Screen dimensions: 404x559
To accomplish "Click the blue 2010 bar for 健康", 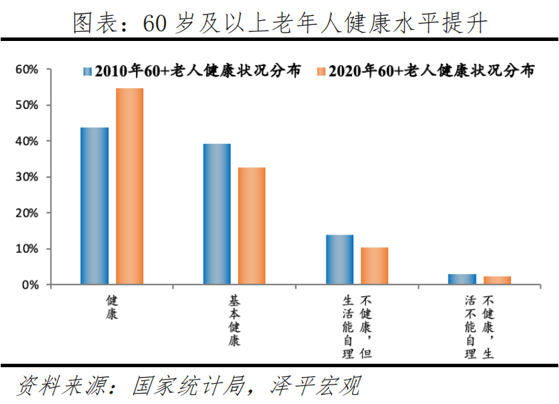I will point(94,205).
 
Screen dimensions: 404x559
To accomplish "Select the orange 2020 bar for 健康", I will point(129,186).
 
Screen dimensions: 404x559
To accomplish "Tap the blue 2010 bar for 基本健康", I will point(217,214).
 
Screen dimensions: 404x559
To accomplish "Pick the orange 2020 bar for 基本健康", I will point(251,226).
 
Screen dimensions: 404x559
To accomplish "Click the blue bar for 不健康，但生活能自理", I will point(340,260).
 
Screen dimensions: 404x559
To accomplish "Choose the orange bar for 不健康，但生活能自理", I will point(374,266).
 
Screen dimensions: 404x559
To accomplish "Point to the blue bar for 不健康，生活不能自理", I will point(462,279).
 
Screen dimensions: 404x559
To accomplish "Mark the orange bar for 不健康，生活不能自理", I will point(497,280).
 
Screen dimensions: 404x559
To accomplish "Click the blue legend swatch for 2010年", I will point(87,71).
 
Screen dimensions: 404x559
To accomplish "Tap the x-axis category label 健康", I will point(112,307).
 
